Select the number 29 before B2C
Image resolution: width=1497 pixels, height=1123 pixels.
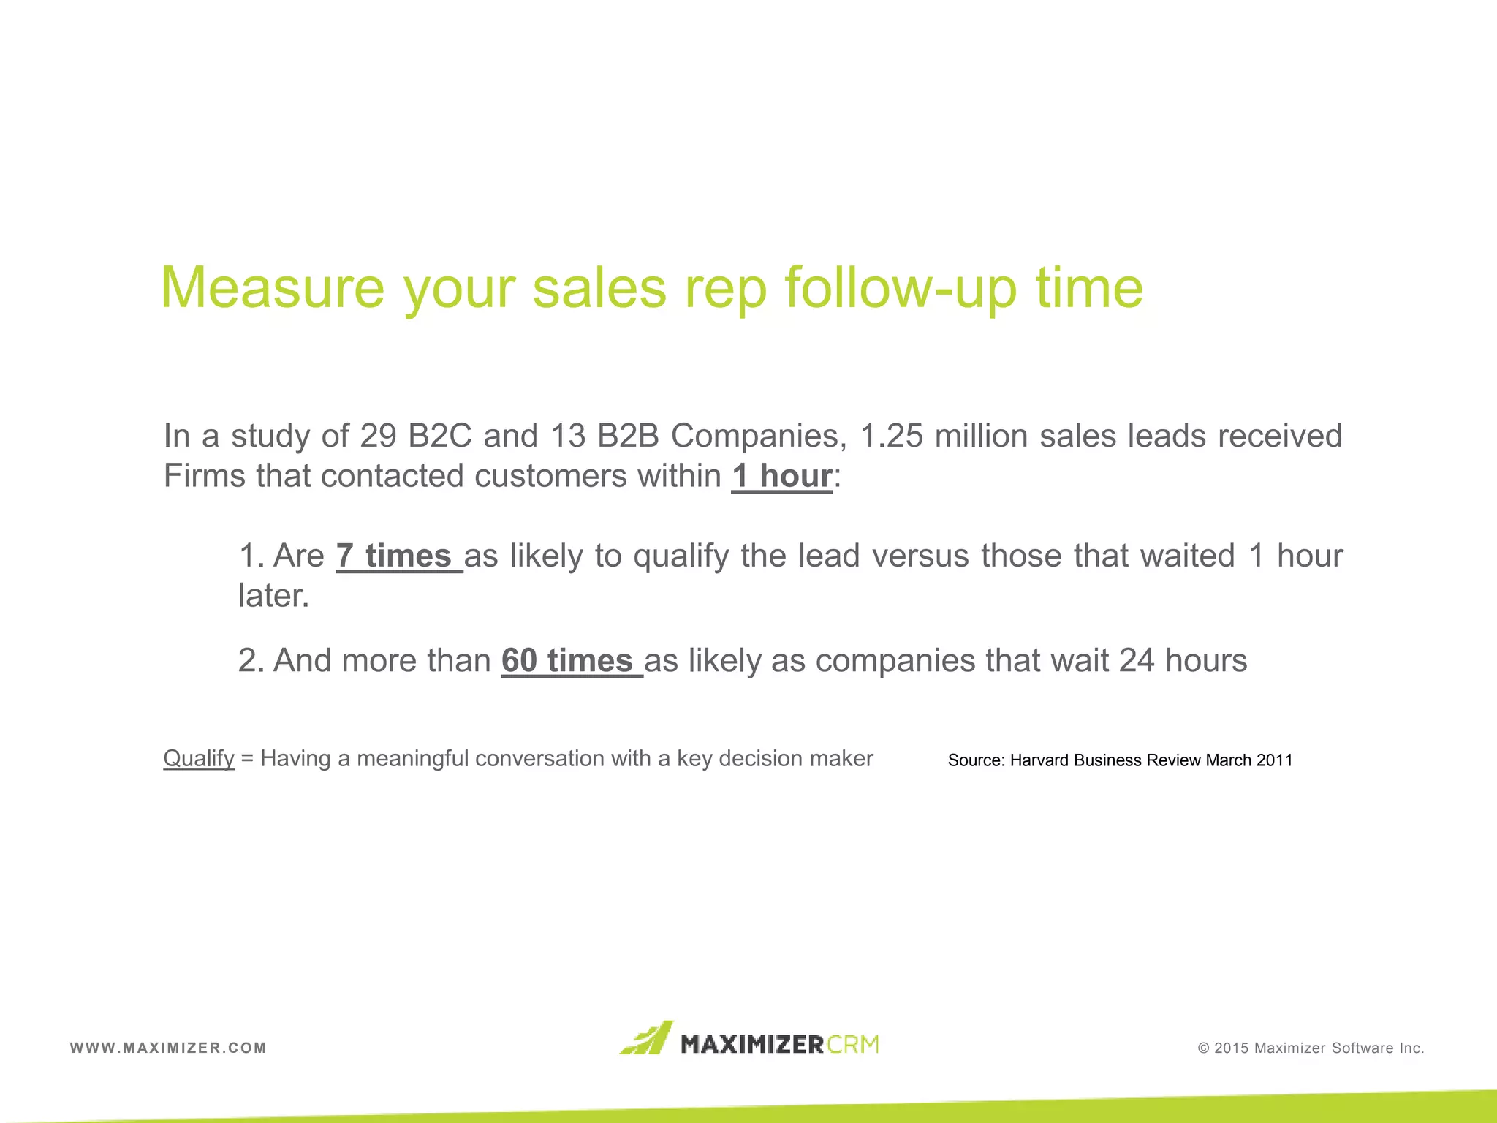tap(378, 436)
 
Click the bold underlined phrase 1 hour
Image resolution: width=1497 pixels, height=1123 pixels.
tap(781, 476)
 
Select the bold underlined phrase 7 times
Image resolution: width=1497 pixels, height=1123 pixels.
tap(398, 556)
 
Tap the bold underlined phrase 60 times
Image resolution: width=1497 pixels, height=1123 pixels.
tap(571, 661)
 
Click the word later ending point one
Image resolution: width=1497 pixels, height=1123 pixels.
tap(273, 596)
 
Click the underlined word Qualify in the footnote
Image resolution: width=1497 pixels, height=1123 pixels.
tap(199, 759)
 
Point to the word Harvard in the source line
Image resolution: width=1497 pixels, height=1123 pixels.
tap(1039, 760)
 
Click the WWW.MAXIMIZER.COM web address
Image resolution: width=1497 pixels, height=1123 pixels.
tap(168, 1048)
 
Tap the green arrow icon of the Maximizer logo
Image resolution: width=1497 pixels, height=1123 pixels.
tap(646, 1038)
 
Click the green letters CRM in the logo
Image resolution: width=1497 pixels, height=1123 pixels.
tap(853, 1044)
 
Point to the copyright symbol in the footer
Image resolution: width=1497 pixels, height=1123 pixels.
tap(1203, 1048)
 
